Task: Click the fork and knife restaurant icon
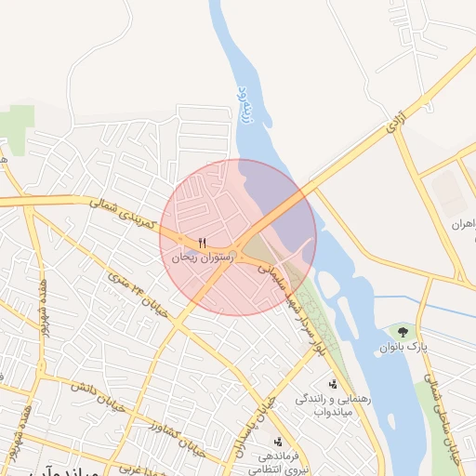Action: pos(202,243)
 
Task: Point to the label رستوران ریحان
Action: pos(202,258)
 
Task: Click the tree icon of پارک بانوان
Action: pos(403,331)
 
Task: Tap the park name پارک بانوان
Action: pos(403,347)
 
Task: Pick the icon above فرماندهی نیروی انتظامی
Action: pos(277,442)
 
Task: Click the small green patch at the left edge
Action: pos(16,117)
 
